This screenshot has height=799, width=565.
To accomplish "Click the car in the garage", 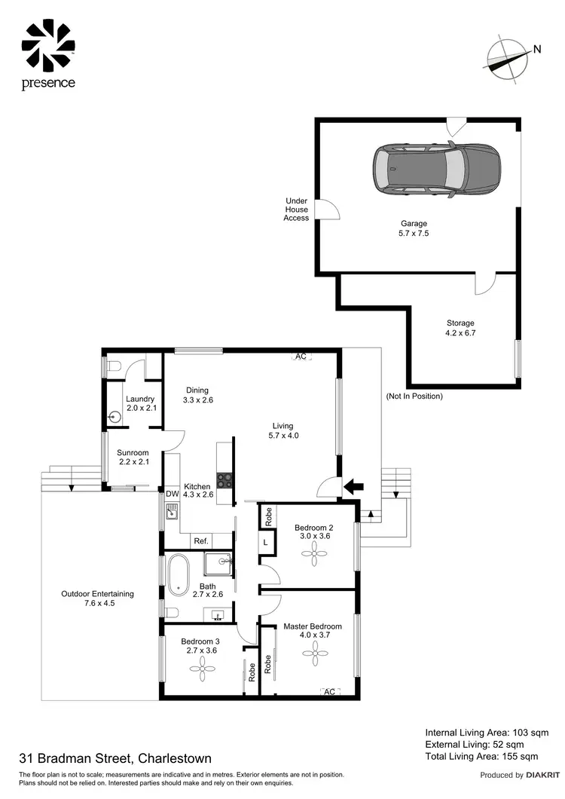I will click(437, 170).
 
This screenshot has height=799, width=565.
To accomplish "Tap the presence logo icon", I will click(48, 45).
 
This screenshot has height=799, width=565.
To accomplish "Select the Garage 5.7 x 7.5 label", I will click(414, 228).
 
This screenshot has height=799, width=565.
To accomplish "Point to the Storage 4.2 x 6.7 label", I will click(460, 328).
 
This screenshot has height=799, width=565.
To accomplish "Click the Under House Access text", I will click(296, 210).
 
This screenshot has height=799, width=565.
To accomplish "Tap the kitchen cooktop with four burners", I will click(224, 480).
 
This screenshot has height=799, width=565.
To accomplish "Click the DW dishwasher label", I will click(171, 494).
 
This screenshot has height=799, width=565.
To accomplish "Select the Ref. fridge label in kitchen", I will click(201, 541).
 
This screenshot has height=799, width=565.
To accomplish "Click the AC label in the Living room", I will click(301, 356).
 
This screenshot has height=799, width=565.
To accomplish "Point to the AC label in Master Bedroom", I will click(328, 690).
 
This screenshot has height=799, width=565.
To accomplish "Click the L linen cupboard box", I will click(267, 541).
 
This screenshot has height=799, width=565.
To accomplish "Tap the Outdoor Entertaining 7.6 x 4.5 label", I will click(97, 598).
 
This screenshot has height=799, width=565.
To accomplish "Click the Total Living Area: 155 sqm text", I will click(481, 756).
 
